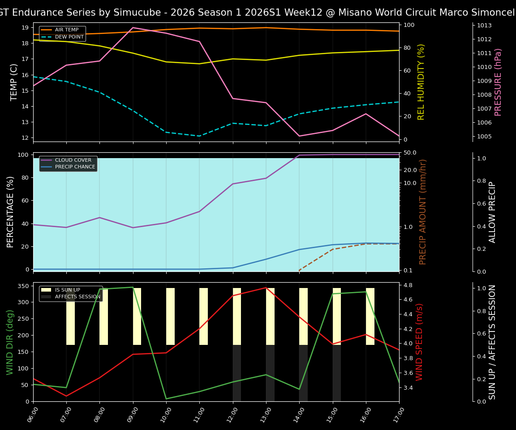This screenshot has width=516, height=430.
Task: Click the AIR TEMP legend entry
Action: pyautogui.click(x=66, y=30)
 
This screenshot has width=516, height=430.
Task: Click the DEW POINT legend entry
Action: pyautogui.click(x=69, y=37)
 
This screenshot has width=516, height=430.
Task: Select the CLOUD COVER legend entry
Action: pyautogui.click(x=73, y=160)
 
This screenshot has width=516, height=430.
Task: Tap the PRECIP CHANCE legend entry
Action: pyautogui.click(x=75, y=167)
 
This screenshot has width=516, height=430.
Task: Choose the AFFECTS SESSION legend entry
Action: pyautogui.click(x=77, y=297)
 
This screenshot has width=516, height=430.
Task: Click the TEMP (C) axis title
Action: pyautogui.click(x=14, y=82)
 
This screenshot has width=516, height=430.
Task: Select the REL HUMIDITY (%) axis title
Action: pyautogui.click(x=421, y=82)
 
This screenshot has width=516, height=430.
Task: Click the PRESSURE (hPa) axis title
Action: pyautogui.click(x=498, y=82)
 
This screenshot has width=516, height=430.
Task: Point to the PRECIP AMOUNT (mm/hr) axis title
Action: pyautogui.click(x=423, y=212)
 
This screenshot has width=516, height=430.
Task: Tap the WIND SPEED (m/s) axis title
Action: pyautogui.click(x=419, y=342)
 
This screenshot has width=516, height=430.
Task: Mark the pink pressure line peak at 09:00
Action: pyautogui.click(x=133, y=28)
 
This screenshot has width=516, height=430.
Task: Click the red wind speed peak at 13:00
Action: pyautogui.click(x=266, y=288)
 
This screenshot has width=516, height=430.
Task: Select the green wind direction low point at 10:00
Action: pyautogui.click(x=166, y=399)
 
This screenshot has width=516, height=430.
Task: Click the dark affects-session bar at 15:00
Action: pyautogui.click(x=337, y=373)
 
